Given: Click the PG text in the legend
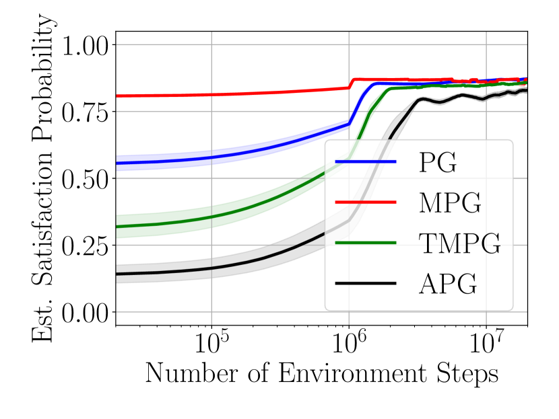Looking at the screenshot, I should tap(437, 163).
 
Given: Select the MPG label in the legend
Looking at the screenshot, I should tap(449, 203).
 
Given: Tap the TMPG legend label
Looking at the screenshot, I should tap(459, 243).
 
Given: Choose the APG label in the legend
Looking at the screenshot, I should tap(448, 284).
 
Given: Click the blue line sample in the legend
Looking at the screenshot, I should tap(366, 163).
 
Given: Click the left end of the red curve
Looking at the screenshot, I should tap(118, 96).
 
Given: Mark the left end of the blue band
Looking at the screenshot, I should tap(118, 163).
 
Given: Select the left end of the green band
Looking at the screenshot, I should tap(118, 227).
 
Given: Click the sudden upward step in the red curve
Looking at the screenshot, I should tap(352, 83).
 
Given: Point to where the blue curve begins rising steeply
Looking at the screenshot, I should tap(350, 121).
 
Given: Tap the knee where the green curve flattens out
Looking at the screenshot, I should tap(389, 89).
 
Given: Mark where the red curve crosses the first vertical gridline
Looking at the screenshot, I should tap(211, 94).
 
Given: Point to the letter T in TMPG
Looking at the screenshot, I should tap(426, 243).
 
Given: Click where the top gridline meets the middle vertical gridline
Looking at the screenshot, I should tap(349, 44).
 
